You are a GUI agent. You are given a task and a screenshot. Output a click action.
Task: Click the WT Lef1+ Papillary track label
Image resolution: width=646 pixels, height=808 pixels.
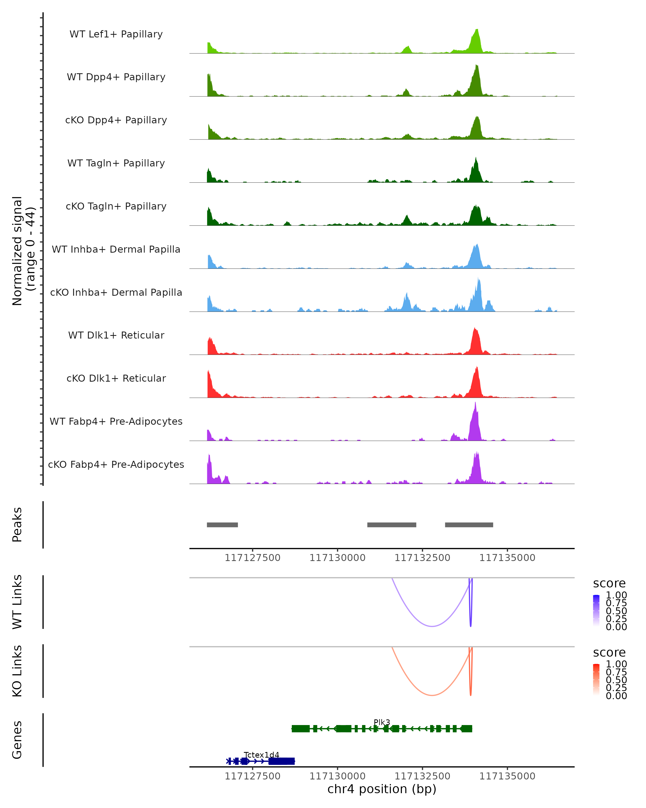(116, 34)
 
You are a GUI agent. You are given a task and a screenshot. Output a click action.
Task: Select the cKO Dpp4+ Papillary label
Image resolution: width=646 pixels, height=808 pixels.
(116, 120)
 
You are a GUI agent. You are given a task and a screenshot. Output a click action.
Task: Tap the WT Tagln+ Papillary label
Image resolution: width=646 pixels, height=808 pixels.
(116, 163)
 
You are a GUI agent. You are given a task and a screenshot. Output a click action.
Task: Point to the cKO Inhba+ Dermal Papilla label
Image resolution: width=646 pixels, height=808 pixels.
(116, 293)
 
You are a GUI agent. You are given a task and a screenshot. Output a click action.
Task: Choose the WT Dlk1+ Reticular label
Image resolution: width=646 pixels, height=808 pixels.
(116, 335)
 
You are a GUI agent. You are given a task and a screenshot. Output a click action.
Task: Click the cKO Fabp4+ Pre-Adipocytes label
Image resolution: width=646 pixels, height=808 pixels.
(116, 465)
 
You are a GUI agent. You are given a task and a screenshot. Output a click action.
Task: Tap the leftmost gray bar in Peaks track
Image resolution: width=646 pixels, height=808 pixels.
(222, 525)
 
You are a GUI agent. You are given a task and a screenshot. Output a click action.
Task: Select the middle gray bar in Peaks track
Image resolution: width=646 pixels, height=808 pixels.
(391, 525)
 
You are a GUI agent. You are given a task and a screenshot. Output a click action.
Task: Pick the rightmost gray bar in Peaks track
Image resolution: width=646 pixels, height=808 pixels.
(469, 525)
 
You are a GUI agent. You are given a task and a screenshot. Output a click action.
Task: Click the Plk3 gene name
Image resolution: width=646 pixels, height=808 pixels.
(382, 722)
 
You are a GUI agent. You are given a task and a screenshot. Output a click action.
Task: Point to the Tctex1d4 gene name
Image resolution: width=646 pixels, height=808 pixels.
(261, 755)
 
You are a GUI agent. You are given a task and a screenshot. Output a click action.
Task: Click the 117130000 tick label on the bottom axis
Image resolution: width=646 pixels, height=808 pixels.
(338, 776)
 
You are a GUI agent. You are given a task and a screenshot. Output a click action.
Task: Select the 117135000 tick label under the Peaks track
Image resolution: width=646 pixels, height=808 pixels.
(507, 558)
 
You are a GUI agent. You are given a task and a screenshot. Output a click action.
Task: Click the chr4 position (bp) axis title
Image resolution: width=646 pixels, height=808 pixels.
(382, 789)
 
